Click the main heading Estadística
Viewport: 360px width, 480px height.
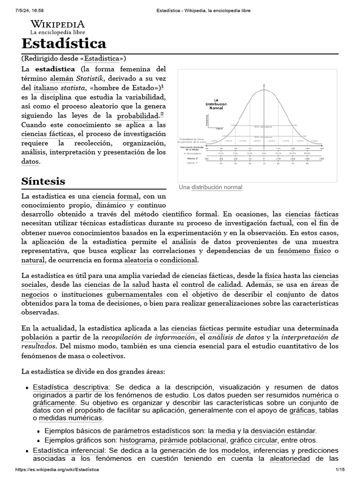coord(64,44)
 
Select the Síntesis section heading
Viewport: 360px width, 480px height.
coord(43,181)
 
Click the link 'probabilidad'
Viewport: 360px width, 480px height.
coord(137,115)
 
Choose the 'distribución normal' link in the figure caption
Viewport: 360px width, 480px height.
coord(220,187)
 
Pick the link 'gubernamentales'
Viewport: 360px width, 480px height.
coord(135,294)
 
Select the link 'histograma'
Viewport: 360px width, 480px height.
coord(138,440)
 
